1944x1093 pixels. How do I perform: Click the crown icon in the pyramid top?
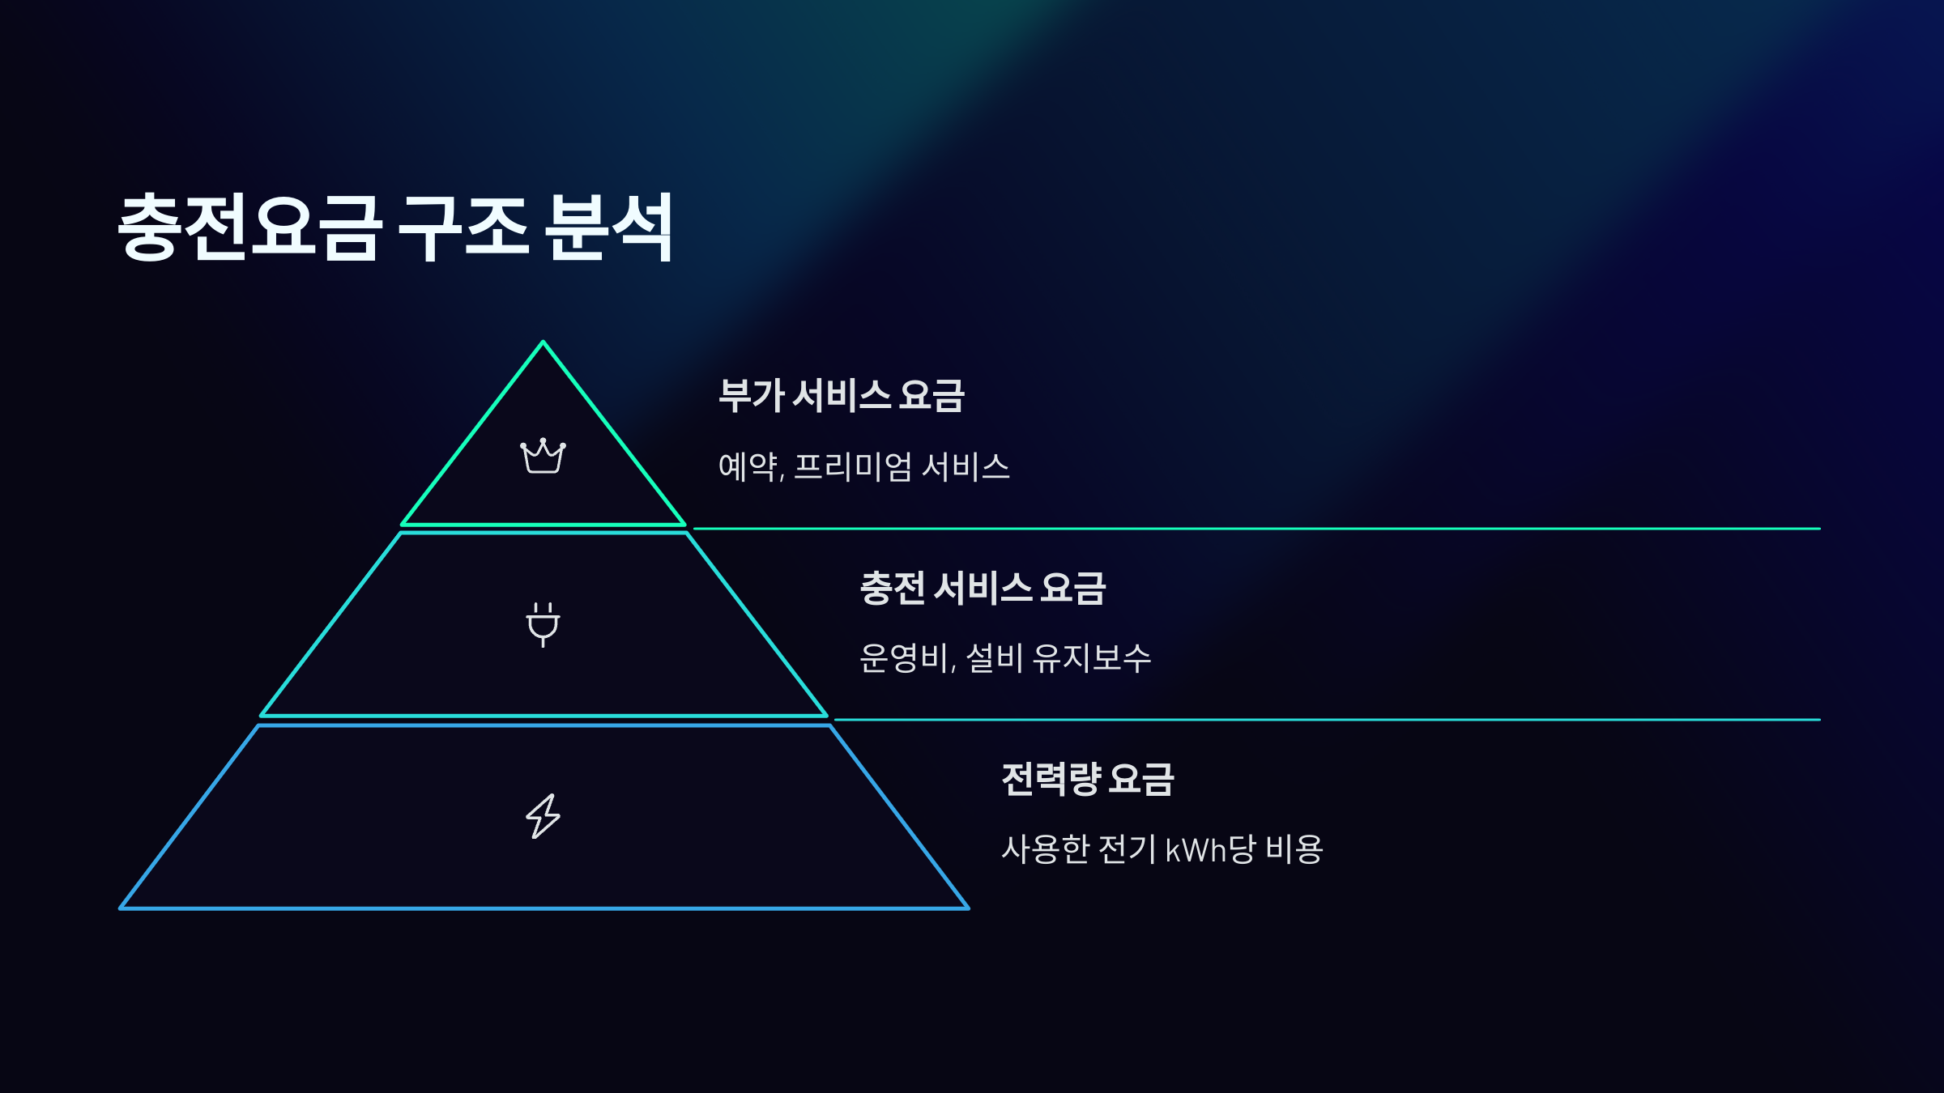tap(543, 457)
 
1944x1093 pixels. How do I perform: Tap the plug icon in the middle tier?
tap(543, 624)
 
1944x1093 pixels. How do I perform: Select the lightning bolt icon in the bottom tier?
tap(543, 816)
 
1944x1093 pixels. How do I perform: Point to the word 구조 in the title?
tap(463, 228)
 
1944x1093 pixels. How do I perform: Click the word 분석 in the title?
tap(609, 228)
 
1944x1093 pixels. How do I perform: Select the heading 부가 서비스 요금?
tap(842, 396)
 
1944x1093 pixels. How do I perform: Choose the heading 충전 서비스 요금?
tap(983, 588)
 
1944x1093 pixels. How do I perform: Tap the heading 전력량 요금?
tap(1088, 779)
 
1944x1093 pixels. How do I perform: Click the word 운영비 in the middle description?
tap(904, 657)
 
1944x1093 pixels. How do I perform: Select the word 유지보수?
tap(1092, 657)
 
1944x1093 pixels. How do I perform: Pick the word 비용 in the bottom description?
tap(1294, 849)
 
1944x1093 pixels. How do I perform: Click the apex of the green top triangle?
tap(543, 343)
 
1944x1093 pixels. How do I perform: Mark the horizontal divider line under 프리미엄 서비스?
tap(1255, 529)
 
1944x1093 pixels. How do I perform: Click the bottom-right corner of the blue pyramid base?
tap(967, 908)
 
